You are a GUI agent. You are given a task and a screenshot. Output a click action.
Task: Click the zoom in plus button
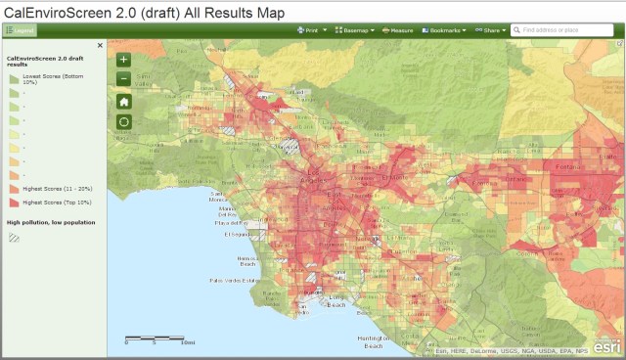(x=123, y=59)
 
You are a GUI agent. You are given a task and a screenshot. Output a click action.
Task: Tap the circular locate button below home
(x=123, y=122)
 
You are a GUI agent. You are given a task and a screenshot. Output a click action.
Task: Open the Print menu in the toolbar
(x=312, y=30)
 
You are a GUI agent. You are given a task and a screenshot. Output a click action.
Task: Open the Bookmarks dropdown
(x=443, y=30)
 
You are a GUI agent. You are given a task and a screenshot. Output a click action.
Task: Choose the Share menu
(x=490, y=30)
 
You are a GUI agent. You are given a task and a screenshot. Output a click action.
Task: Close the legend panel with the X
(x=100, y=45)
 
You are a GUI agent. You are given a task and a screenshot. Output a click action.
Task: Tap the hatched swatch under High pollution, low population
(x=14, y=238)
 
